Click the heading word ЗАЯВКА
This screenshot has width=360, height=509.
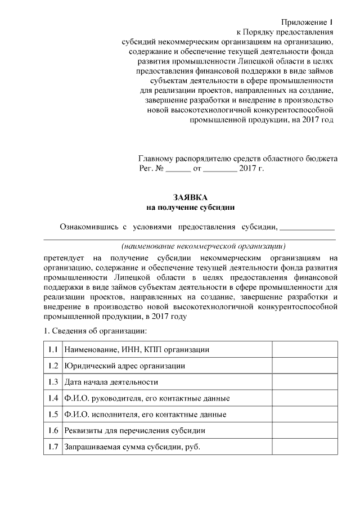tap(191, 197)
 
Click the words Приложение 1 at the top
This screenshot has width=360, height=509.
tap(308, 22)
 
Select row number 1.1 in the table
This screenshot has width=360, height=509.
tap(53, 349)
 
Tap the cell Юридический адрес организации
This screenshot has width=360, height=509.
tap(125, 366)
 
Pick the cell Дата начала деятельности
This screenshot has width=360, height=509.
tap(111, 382)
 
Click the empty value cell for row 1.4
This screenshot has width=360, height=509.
tap(305, 398)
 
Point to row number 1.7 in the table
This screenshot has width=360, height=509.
tap(53, 447)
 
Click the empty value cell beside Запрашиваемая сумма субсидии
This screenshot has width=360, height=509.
tap(305, 447)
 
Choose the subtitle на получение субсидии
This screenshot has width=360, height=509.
tap(191, 208)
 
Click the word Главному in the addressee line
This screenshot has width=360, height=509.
tap(157, 159)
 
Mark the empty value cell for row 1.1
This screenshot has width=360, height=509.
tap(305, 349)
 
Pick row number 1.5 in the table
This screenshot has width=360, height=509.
tap(53, 415)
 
